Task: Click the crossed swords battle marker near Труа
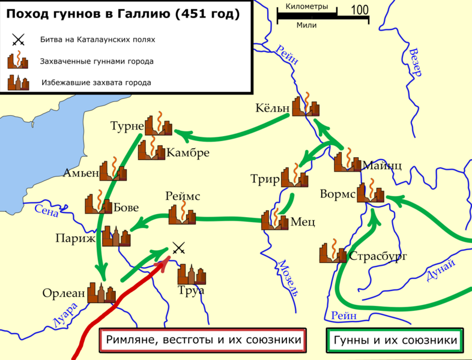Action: pyautogui.click(x=178, y=247)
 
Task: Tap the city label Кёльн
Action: pyautogui.click(x=272, y=109)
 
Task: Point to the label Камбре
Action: pyautogui.click(x=188, y=152)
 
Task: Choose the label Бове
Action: pyautogui.click(x=126, y=208)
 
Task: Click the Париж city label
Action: pyautogui.click(x=75, y=238)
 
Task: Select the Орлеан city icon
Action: pyautogui.click(x=100, y=292)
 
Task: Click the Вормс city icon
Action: pyautogui.click(x=369, y=193)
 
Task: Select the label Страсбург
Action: pyautogui.click(x=378, y=256)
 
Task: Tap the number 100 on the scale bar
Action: pyautogui.click(x=359, y=10)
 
